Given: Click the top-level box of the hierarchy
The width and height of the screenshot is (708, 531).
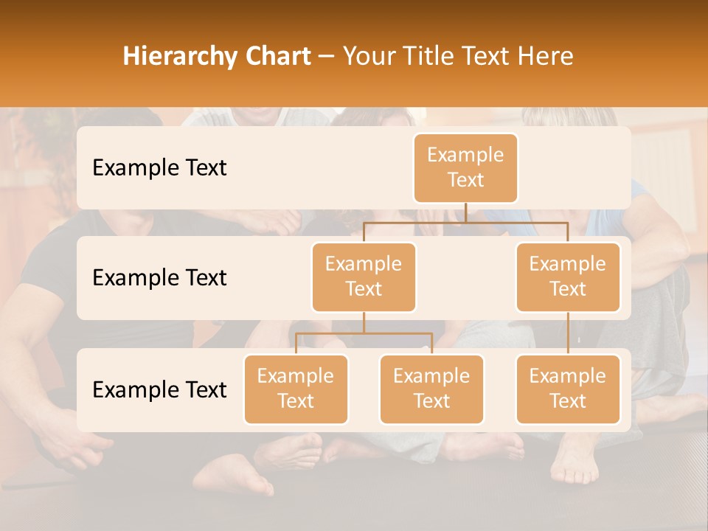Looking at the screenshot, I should (x=465, y=167).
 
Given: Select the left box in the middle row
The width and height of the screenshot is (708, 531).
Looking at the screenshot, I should (x=364, y=277).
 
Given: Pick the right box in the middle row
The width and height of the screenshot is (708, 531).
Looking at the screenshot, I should (x=568, y=277).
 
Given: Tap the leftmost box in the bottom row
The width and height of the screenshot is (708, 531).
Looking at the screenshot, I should (x=296, y=389).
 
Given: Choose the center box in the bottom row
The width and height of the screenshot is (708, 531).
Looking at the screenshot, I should (x=431, y=389).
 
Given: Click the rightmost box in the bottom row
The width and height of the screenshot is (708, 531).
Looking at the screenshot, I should (x=568, y=389).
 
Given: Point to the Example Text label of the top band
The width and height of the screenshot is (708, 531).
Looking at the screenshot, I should (x=159, y=168).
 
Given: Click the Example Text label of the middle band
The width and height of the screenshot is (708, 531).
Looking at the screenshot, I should (x=159, y=278).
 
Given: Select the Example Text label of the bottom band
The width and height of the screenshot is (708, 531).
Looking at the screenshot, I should (x=159, y=390).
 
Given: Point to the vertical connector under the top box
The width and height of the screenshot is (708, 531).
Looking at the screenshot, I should (x=465, y=212).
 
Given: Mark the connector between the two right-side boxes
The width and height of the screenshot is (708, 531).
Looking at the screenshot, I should (x=568, y=333).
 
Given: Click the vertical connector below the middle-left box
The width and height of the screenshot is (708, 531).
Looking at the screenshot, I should (x=364, y=322).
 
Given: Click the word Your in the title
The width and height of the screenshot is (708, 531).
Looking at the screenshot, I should (x=369, y=57).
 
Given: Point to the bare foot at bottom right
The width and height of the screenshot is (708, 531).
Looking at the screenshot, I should (x=574, y=465).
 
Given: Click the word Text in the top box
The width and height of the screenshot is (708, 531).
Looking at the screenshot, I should (x=465, y=180).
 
